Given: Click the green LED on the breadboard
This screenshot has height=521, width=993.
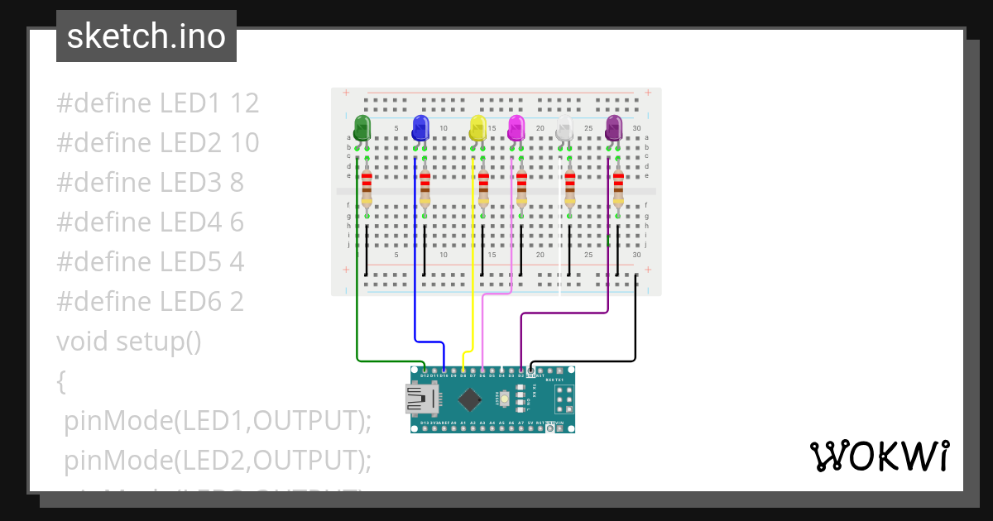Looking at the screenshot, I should pos(362,127).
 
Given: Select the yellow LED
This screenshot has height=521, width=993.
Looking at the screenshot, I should pos(477,127).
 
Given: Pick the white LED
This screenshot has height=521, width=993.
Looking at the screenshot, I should pos(564,127).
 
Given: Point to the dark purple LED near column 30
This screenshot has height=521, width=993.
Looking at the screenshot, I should pos(613,127).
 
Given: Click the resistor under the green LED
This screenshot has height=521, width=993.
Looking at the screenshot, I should pos(367,190).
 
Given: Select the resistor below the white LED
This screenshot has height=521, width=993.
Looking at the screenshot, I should pos(569,190).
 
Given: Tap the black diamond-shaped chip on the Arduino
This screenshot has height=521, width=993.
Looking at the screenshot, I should pos(470,400).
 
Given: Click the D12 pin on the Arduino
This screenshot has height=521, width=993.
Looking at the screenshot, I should pos(425,371).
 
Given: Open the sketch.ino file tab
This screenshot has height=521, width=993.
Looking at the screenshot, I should pos(146,36).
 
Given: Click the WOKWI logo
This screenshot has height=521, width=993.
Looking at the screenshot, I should pos(878,456).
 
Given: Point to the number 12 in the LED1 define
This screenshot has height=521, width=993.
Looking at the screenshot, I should pos(245,103).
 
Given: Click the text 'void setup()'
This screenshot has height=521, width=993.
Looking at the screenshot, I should pos(129,341).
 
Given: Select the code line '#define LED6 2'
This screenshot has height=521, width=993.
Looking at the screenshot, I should pos(150,302).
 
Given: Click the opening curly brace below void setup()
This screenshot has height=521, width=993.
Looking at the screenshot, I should pos(60,381).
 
